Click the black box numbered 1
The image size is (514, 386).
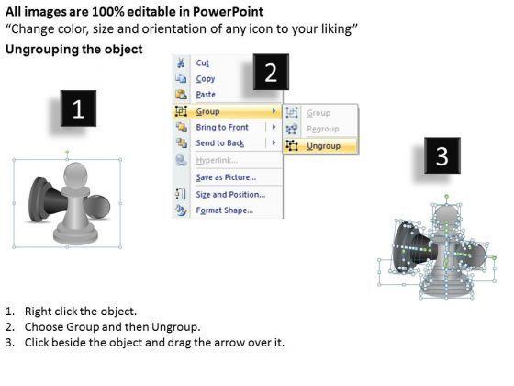[x=78, y=108]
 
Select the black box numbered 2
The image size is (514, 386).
[x=271, y=72]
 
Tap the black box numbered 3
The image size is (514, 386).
[x=442, y=155]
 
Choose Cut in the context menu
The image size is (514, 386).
[x=202, y=62]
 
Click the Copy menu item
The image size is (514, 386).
[x=206, y=79]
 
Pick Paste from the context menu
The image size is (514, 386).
[x=206, y=95]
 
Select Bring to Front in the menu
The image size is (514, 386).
[x=222, y=127]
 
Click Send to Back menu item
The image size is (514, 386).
[x=220, y=143]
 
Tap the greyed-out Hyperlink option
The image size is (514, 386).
[x=217, y=160]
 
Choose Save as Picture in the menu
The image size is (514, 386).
[x=226, y=177]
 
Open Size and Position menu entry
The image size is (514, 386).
[x=230, y=194]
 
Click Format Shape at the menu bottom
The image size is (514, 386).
[x=225, y=210]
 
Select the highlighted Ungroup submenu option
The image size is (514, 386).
[x=323, y=146]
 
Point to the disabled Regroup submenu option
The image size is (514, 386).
[x=322, y=129]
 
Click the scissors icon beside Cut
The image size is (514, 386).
[x=181, y=62]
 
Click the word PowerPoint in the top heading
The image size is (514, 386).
[x=228, y=12]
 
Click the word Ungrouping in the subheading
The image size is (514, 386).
[x=41, y=50]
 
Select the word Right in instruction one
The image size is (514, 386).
[x=37, y=312]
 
